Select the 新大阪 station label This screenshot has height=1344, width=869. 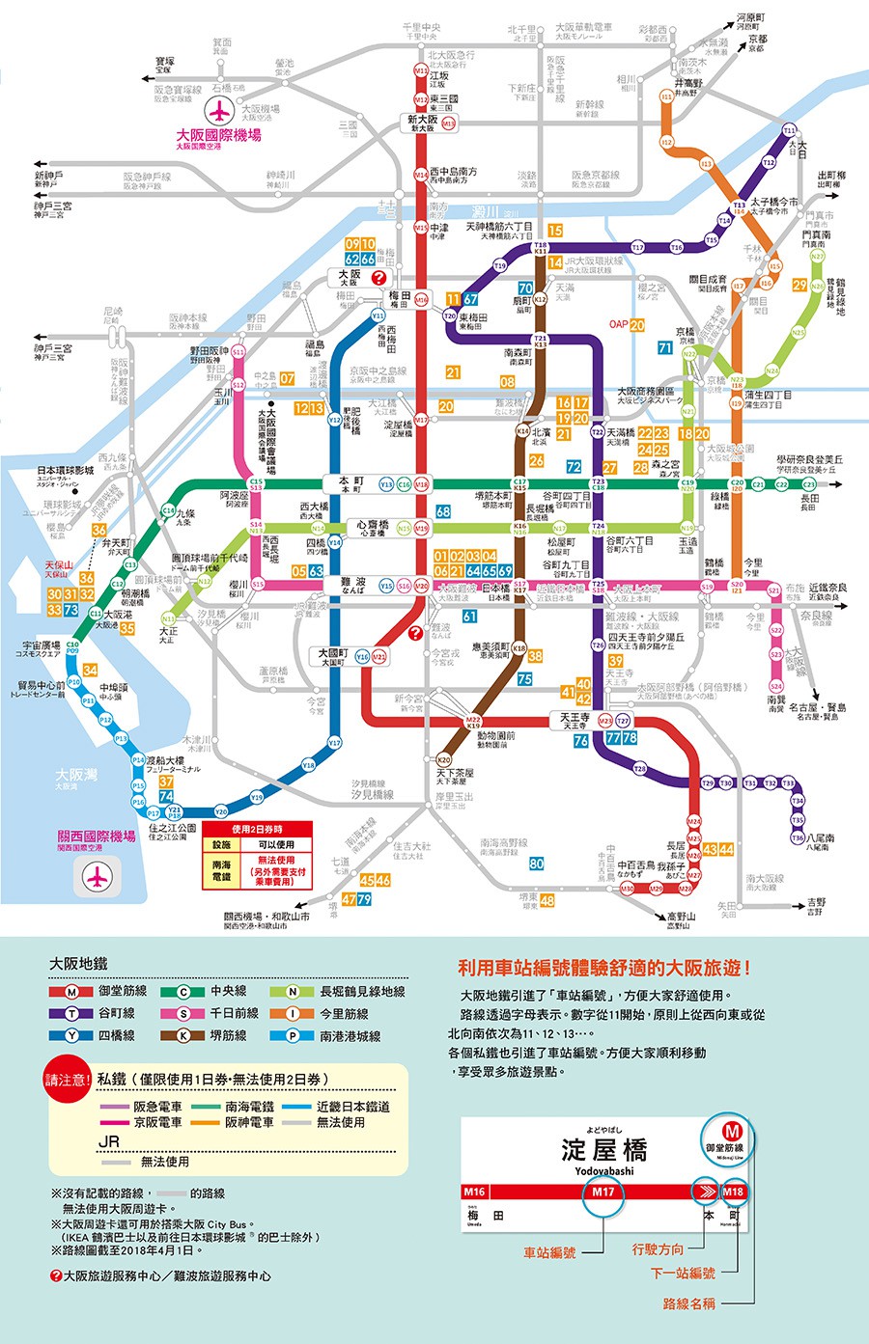[x=423, y=123]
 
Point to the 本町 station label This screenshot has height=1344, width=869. [x=350, y=483]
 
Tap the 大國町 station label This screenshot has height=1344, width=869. [x=333, y=656]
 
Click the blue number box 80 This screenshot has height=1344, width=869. [x=536, y=864]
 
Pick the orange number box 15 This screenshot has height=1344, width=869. [x=555, y=231]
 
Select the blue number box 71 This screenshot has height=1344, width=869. [x=665, y=347]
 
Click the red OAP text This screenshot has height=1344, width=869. [x=618, y=324]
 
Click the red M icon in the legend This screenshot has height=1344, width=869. [x=72, y=991]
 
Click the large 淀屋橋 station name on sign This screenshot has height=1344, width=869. [x=603, y=1150]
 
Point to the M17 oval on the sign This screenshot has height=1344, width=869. [x=603, y=1192]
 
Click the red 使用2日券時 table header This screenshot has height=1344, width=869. [x=257, y=829]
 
